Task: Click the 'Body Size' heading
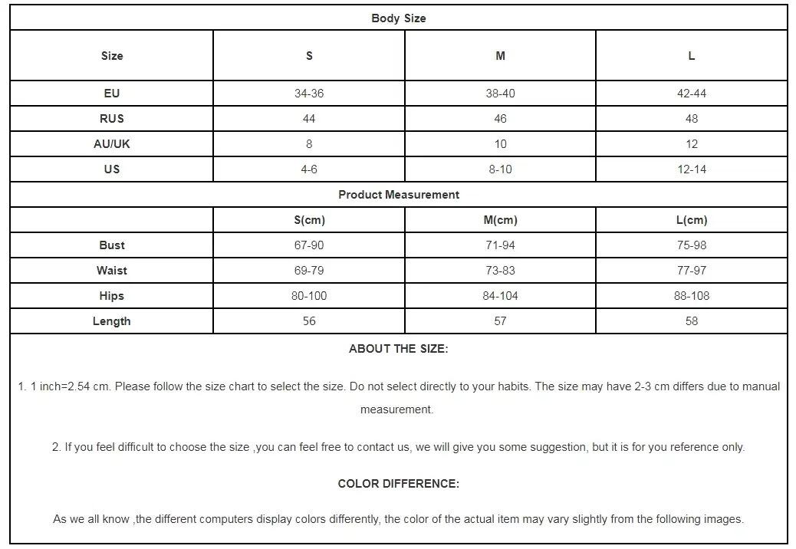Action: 398,18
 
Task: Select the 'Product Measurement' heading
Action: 399,195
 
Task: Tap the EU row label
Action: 112,94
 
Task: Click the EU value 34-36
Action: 309,94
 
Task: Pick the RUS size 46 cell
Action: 500,119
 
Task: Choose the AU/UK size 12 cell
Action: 692,144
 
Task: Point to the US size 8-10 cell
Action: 500,169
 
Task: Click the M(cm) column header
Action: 500,220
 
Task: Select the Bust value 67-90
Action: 309,245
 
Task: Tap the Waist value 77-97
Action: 692,271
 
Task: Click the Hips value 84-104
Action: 500,296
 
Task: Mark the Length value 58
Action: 692,321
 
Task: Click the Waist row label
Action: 112,271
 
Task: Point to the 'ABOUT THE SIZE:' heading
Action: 398,349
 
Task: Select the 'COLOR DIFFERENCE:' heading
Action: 398,484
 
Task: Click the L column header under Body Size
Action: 692,56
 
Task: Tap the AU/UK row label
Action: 112,144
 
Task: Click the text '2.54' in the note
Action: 79,386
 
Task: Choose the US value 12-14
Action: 692,169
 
